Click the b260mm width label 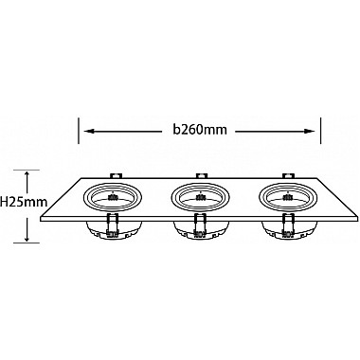(x=200, y=130)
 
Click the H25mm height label (x=24, y=202)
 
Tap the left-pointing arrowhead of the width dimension (x=88, y=132)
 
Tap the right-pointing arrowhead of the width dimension (x=311, y=132)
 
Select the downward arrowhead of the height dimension (x=27, y=238)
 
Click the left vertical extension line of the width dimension (x=79, y=131)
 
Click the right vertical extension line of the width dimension (x=321, y=131)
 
